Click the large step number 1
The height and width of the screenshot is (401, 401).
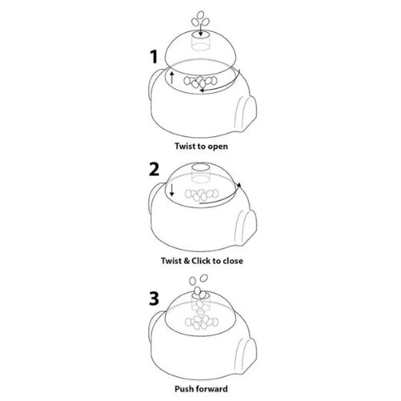[154, 57]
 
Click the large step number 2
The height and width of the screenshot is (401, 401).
[154, 169]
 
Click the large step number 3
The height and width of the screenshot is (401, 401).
[154, 298]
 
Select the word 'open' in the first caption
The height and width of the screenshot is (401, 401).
[218, 147]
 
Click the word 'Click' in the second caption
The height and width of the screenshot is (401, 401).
[201, 261]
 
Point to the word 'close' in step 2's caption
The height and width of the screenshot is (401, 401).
[233, 261]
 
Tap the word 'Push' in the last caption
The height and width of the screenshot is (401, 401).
[184, 389]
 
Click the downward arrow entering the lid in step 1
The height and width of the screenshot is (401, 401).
[200, 30]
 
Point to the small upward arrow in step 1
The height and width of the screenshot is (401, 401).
[172, 77]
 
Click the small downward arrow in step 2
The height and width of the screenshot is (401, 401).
[172, 189]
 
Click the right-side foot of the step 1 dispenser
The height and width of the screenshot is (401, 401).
[245, 113]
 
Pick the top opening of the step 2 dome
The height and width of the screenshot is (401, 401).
[201, 167]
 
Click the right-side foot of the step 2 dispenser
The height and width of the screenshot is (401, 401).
[245, 227]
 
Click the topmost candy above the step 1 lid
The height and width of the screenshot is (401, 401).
[200, 15]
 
